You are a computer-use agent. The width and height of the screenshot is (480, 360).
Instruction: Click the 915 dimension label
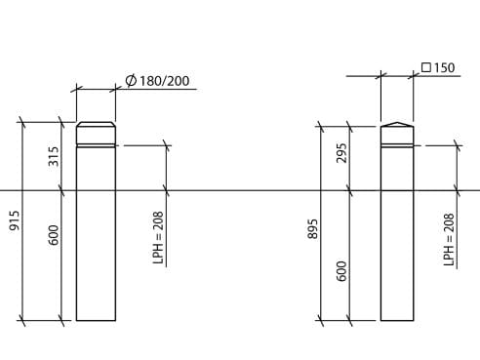[15, 220]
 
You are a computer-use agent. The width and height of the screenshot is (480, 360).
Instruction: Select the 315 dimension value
[55, 156]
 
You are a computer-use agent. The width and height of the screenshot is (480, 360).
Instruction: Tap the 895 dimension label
[313, 227]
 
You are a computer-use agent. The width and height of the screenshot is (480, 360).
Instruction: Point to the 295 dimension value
[342, 153]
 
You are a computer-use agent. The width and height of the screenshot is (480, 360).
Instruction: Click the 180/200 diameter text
[164, 80]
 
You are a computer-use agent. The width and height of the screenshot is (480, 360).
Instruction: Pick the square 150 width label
[445, 68]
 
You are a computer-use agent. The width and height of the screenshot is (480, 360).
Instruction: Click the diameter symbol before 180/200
[131, 80]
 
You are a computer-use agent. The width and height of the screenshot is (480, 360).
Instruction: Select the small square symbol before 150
[426, 68]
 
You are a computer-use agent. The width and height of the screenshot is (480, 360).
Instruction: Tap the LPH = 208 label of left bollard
[158, 238]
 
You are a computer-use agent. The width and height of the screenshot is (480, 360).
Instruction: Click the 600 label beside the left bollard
[55, 235]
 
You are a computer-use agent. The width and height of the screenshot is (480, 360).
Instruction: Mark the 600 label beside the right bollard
[342, 270]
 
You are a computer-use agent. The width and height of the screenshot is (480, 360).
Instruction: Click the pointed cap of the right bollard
[396, 125]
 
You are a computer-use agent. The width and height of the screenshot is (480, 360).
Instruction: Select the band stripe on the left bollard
[96, 145]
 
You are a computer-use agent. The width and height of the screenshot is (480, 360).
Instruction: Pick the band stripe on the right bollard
[396, 145]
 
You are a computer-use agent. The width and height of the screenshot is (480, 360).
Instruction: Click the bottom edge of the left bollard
[96, 320]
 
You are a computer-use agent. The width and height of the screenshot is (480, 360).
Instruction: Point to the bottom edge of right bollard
[396, 320]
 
